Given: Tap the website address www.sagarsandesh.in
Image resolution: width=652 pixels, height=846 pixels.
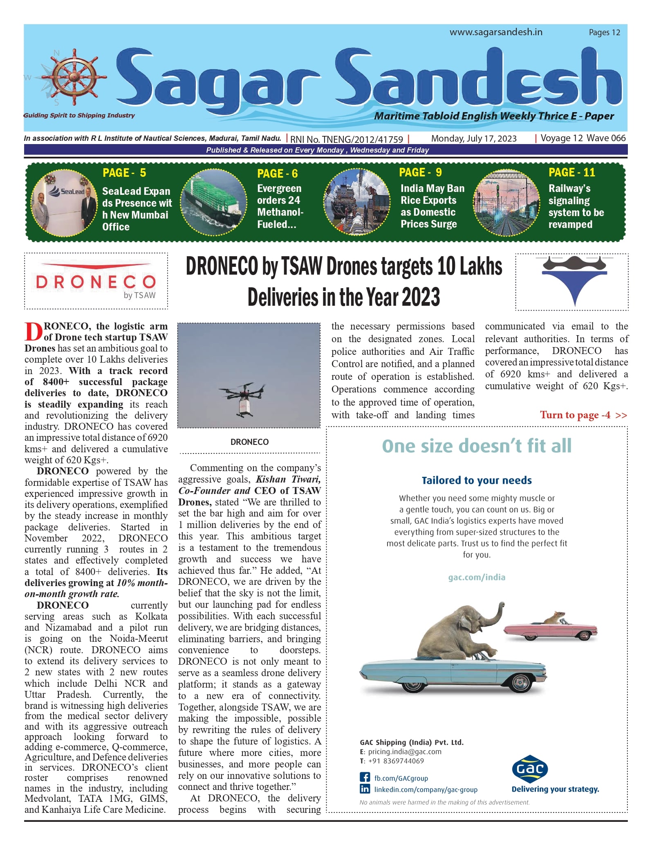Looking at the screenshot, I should coord(496,32).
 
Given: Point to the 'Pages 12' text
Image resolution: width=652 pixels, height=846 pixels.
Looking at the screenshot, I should coord(604,33).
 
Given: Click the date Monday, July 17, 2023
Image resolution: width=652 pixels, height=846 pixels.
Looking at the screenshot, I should coord(474,139).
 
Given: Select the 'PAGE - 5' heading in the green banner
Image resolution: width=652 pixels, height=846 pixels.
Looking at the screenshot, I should coord(124,173).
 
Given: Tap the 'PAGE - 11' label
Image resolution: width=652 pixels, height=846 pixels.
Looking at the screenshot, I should coord(571,173).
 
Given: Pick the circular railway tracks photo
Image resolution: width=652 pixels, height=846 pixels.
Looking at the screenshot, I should coord(506,203).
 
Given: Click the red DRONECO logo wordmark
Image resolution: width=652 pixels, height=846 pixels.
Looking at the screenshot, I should coord(96,282).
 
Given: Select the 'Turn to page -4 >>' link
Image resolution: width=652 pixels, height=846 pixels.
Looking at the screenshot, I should coord(583,415).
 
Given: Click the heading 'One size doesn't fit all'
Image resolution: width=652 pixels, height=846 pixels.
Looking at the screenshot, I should coord(477,446).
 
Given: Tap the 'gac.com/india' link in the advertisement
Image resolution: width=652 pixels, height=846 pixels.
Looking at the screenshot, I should coord(477,578).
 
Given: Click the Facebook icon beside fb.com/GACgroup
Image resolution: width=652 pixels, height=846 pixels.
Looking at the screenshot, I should coord(365,778).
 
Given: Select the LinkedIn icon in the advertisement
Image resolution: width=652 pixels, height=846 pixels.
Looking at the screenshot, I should coord(365,789).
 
